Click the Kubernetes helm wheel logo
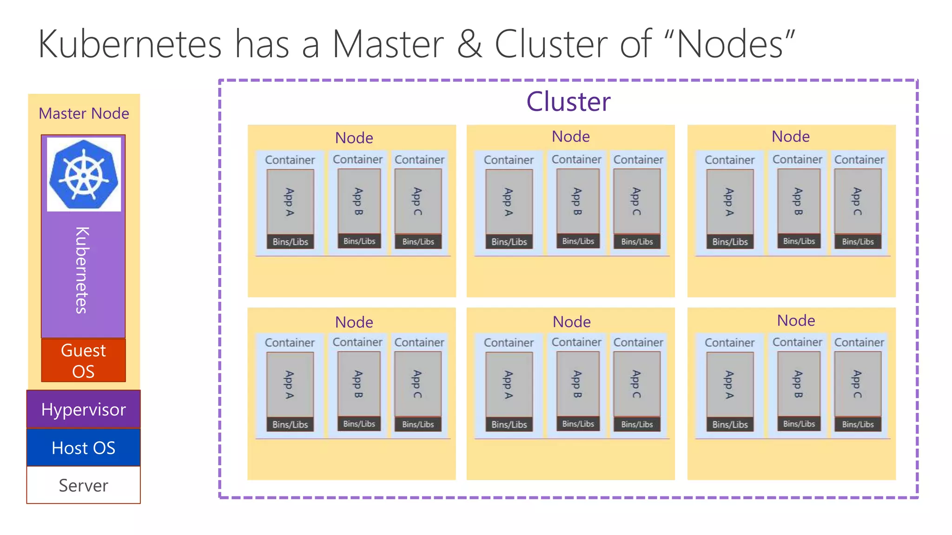[x=84, y=174]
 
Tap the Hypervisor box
[x=84, y=410]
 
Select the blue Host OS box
[x=84, y=448]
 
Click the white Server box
[x=84, y=485]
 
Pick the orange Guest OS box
[x=84, y=360]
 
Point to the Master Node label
[x=84, y=113]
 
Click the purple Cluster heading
[x=568, y=102]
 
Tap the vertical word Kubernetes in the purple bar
[x=82, y=270]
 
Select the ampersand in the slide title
[x=469, y=44]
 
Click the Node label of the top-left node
[x=354, y=138]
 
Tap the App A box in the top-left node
[x=290, y=202]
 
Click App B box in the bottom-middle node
[x=578, y=384]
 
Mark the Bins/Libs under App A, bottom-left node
[x=290, y=424]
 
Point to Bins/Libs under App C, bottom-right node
[x=858, y=424]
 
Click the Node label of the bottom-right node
[x=796, y=320]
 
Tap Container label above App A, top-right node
[x=729, y=160]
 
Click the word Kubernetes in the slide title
[x=130, y=44]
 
